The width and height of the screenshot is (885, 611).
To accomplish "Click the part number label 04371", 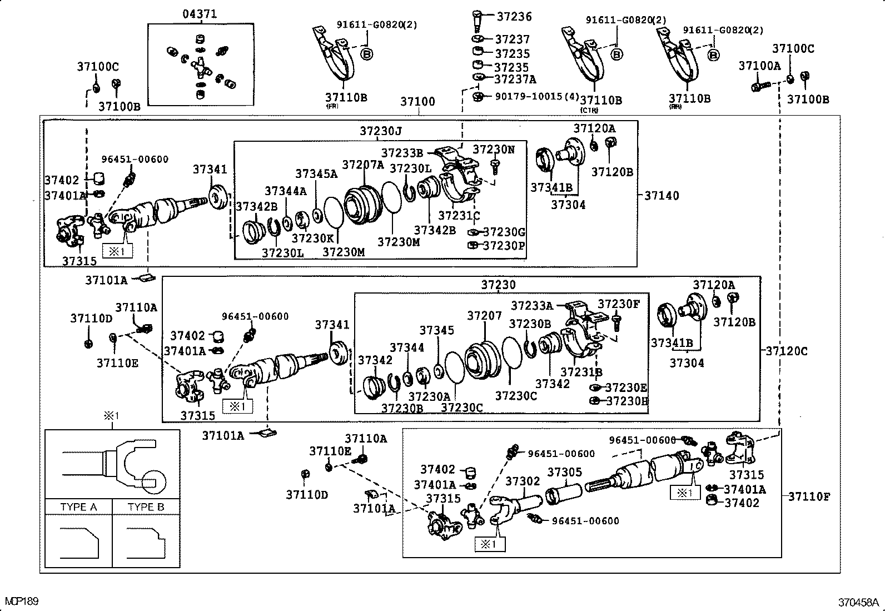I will (x=200, y=14).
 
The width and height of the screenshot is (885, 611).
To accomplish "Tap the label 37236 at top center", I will (x=514, y=17).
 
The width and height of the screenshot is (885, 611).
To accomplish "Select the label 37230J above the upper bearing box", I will (x=380, y=131).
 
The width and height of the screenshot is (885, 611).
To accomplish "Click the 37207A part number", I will (x=362, y=165).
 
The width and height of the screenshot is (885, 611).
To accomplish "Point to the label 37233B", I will (x=402, y=152).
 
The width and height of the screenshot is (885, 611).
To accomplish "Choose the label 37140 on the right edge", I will (x=662, y=196).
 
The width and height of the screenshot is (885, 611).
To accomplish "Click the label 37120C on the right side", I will (x=786, y=351).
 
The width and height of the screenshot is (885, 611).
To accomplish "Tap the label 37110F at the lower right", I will (x=808, y=496).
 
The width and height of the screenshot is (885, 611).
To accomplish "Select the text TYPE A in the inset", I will (x=78, y=507).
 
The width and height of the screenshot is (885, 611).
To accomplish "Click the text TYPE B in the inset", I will (x=146, y=507).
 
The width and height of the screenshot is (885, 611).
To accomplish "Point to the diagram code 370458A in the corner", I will (x=858, y=602).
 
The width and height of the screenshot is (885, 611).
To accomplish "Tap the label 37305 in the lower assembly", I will (x=564, y=472).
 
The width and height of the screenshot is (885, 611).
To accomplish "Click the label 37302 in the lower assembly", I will (x=522, y=481).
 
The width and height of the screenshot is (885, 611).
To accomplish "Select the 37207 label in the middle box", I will (x=484, y=316).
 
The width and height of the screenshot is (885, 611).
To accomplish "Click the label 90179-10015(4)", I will (x=536, y=96).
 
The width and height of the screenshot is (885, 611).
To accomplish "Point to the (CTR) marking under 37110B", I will (x=589, y=110).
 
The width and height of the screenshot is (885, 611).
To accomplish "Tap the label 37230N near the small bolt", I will (x=493, y=150).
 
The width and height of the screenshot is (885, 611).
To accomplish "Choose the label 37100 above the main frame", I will (x=417, y=102).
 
